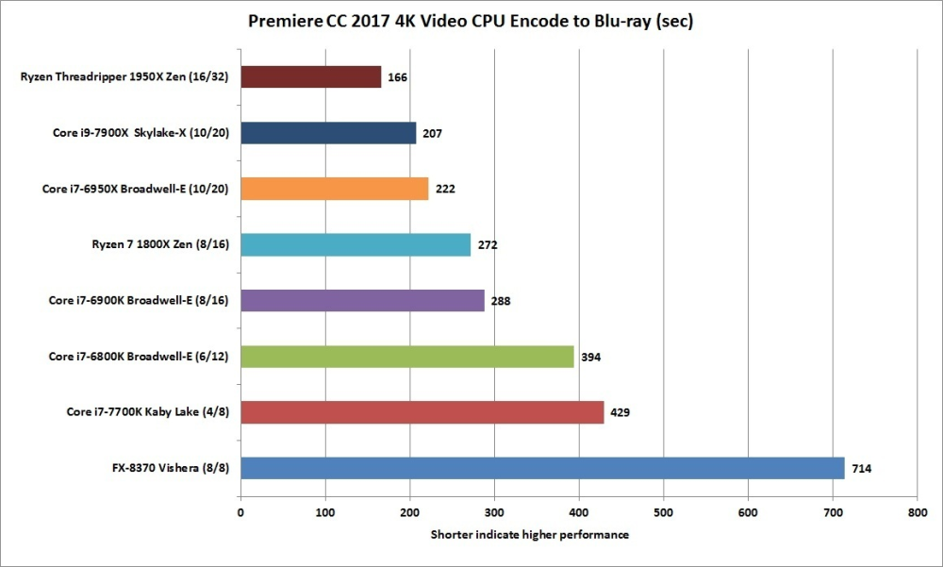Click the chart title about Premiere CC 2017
(470, 21)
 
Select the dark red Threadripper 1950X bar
(311, 76)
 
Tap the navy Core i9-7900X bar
(328, 133)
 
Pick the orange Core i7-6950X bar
(335, 189)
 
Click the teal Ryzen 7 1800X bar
(356, 244)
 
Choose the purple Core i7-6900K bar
(362, 300)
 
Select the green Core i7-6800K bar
(407, 356)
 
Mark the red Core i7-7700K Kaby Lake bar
(422, 412)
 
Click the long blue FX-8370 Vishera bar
(542, 468)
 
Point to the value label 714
(862, 469)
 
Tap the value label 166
(397, 77)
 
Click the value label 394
(591, 357)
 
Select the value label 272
(488, 245)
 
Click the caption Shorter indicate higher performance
(530, 535)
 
